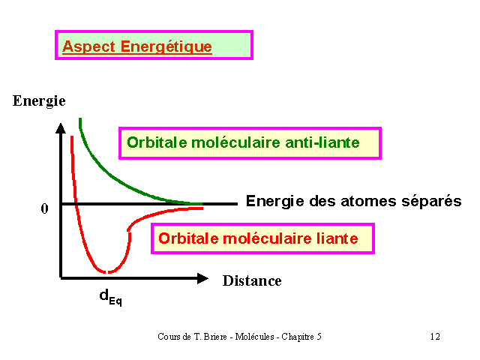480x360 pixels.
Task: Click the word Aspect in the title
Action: tap(88, 47)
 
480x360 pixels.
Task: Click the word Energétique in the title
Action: tap(166, 47)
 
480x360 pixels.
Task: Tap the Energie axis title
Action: tap(39, 101)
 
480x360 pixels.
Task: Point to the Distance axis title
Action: tap(252, 280)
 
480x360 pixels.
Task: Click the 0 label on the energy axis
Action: tap(45, 208)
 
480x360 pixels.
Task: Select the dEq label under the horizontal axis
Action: tap(110, 297)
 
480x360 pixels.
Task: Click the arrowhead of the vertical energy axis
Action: tap(61, 128)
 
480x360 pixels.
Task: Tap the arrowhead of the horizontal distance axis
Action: tap(202, 278)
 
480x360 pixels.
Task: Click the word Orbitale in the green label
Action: tap(157, 142)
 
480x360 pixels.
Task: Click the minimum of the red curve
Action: tap(106, 271)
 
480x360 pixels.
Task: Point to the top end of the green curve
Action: tap(80, 118)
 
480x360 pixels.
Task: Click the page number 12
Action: tap(435, 337)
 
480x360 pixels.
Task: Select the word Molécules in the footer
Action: tap(254, 337)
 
